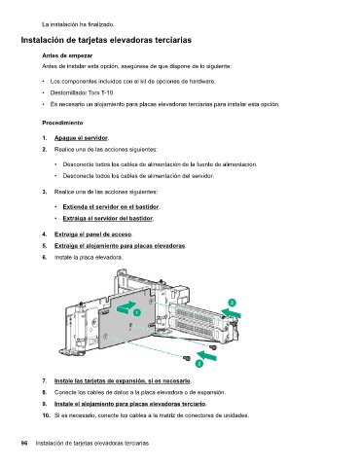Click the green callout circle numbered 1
pyautogui.click(x=137, y=312)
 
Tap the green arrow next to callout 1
pyautogui.click(x=126, y=307)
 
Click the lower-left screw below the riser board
pyautogui.click(x=187, y=358)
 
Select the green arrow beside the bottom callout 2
pyautogui.click(x=206, y=355)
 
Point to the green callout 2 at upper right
pyautogui.click(x=232, y=303)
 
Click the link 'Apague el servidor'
pyautogui.click(x=81, y=138)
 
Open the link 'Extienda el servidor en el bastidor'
pyautogui.click(x=111, y=206)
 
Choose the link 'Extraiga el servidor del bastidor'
pyautogui.click(x=108, y=218)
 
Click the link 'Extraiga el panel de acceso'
pyautogui.click(x=93, y=234)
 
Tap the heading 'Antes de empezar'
pyautogui.click(x=67, y=55)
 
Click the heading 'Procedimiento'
pyautogui.click(x=62, y=123)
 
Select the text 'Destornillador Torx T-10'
pyautogui.click(x=82, y=92)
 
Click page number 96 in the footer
pyautogui.click(x=24, y=443)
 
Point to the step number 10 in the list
pyautogui.click(x=46, y=415)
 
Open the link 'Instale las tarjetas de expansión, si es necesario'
pyautogui.click(x=123, y=380)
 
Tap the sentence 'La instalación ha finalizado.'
pyautogui.click(x=78, y=24)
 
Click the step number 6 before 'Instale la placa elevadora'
pyautogui.click(x=44, y=257)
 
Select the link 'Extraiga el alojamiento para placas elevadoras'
pyautogui.click(x=120, y=245)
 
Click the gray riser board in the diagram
pyautogui.click(x=126, y=324)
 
